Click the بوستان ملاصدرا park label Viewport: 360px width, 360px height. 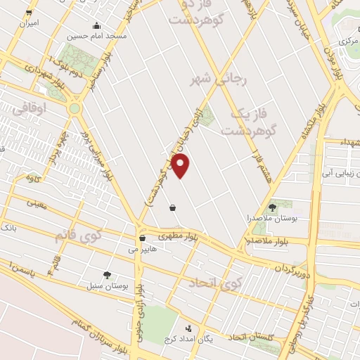click(273, 219)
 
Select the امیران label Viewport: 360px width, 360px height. click(28, 23)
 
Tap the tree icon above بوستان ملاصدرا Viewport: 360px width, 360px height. click(273, 207)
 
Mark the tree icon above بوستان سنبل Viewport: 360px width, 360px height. click(107, 276)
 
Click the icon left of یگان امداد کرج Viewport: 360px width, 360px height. click(188, 328)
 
